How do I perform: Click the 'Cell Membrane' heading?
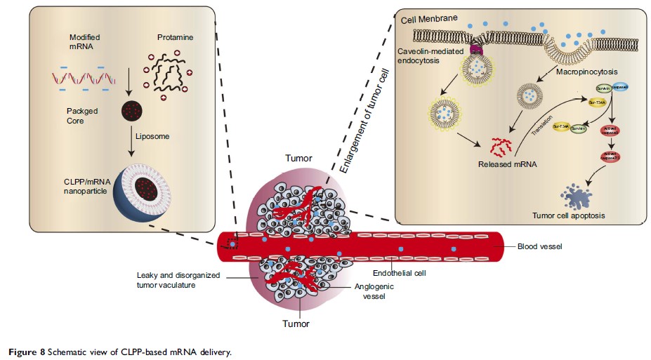coord(430,20)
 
